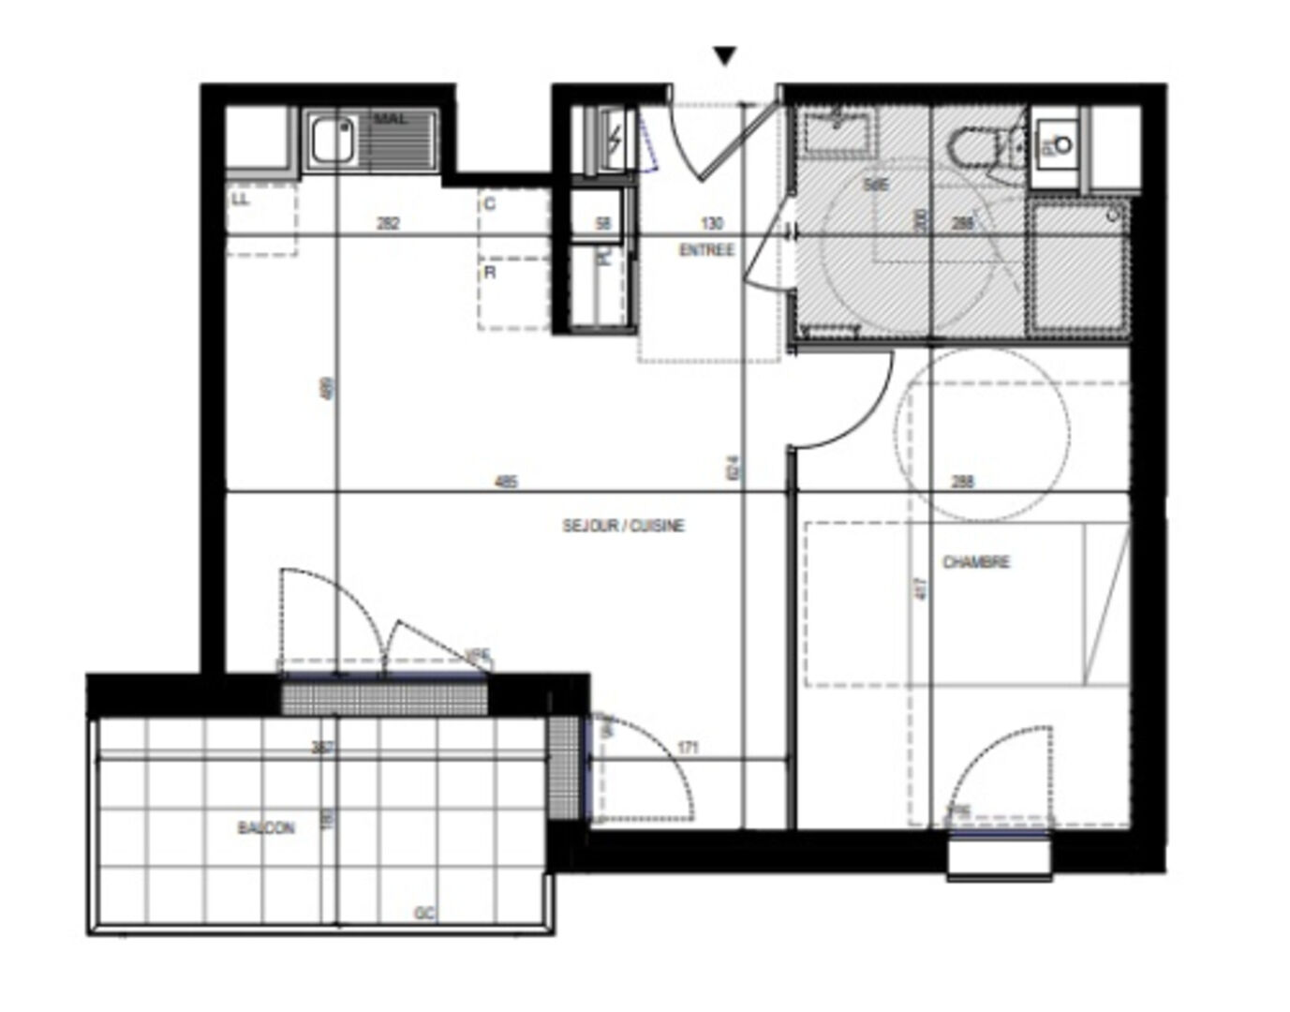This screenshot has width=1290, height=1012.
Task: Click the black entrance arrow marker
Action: [x=725, y=57]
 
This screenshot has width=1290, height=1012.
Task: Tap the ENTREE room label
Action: [x=706, y=250]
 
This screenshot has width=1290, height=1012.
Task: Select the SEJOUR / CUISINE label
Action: [x=623, y=526]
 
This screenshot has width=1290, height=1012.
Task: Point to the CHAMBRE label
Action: [x=975, y=562]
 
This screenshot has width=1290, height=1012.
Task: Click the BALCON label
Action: [x=266, y=828]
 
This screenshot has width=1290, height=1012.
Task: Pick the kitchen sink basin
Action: [x=333, y=140]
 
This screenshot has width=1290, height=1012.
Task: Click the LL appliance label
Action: [x=241, y=199]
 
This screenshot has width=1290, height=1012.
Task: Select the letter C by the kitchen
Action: [x=490, y=203]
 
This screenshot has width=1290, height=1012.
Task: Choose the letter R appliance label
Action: [x=490, y=273]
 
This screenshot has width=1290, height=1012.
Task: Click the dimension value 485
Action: [x=506, y=482]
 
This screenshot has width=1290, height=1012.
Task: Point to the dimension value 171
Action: [x=689, y=748]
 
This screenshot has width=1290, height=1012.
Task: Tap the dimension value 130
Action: [x=712, y=223]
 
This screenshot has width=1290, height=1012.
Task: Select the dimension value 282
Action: [x=388, y=223]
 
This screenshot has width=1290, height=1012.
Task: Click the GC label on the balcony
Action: [x=424, y=913]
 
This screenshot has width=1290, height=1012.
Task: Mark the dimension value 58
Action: [x=603, y=223]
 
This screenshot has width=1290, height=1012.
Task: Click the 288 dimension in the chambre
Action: [x=962, y=482]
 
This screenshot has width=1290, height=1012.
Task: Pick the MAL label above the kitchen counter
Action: [x=390, y=120]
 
